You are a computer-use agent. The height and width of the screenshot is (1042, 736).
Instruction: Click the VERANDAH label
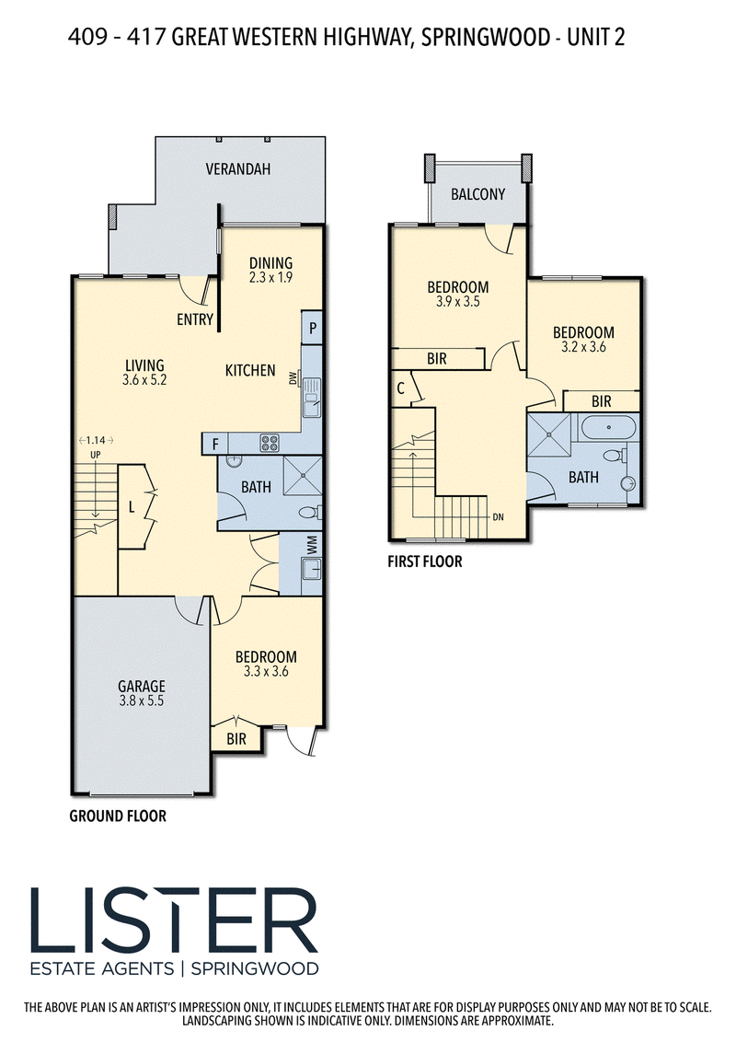click(237, 168)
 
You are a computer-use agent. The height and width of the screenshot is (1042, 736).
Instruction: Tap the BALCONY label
click(477, 194)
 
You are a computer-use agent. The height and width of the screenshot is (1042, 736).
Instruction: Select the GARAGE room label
click(142, 686)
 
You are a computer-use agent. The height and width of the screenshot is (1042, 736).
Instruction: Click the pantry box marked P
click(312, 328)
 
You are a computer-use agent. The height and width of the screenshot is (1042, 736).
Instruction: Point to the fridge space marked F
click(215, 444)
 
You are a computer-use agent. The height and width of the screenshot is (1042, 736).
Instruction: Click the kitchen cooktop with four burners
click(269, 443)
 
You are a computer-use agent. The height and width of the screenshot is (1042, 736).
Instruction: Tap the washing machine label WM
click(312, 545)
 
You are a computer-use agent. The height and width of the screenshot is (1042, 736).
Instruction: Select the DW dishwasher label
click(293, 378)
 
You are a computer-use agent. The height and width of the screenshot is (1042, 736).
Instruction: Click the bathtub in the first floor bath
click(609, 426)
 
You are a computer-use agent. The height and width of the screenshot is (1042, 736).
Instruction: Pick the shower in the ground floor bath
click(303, 476)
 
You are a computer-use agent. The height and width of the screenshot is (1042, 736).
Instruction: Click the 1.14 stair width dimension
click(96, 440)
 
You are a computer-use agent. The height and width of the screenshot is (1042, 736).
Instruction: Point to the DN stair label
click(499, 516)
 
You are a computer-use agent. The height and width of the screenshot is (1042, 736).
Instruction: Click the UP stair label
click(96, 455)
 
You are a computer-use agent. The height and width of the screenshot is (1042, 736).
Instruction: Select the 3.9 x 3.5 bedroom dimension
click(457, 301)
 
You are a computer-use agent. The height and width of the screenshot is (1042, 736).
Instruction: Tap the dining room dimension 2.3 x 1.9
click(270, 277)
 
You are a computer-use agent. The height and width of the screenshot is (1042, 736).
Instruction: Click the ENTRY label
click(195, 319)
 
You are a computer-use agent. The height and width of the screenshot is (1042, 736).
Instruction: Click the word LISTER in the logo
click(174, 921)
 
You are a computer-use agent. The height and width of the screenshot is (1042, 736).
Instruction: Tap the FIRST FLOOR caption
click(424, 562)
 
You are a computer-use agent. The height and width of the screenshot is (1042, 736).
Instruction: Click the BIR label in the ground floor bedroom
click(236, 739)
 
